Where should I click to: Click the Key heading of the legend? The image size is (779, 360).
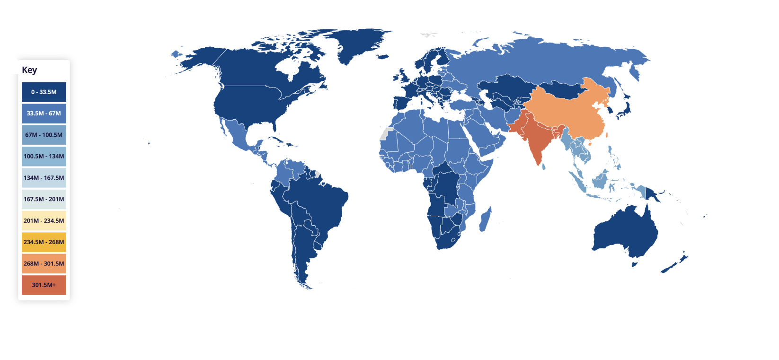point(29,70)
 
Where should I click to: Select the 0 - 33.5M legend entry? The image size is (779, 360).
point(44,92)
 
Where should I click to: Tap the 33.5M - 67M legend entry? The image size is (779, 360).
point(44,114)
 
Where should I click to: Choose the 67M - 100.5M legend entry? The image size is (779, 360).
point(44,135)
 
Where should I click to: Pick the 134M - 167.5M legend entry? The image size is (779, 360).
point(44,178)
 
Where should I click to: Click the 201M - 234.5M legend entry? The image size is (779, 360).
point(44,220)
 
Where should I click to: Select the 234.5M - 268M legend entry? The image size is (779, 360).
point(44,242)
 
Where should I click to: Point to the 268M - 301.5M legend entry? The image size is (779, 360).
point(44,263)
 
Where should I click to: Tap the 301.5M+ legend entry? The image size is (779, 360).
point(44,285)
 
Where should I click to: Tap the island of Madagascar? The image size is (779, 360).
point(485,220)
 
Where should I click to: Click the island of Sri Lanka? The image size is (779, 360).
point(543,166)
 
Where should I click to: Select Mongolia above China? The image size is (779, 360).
point(561,88)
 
